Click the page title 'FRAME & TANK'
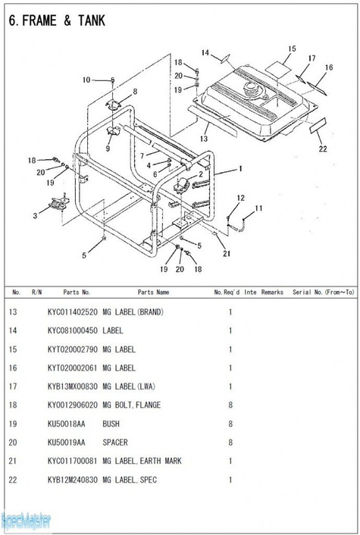tap(64, 20)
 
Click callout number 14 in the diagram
tap(205, 52)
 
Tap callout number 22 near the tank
tap(323, 149)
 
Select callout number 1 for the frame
tap(240, 168)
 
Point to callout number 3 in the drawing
tap(35, 216)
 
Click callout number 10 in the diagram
tap(86, 80)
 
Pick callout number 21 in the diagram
tap(227, 254)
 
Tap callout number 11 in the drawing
tap(258, 208)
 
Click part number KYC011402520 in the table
tap(72, 312)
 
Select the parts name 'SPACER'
tap(115, 443)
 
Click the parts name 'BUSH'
tap(111, 424)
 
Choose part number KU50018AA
tap(66, 424)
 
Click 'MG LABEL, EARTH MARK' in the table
tap(142, 461)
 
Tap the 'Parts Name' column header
tap(153, 292)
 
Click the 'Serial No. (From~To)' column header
tap(323, 292)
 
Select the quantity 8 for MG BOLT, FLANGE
tap(230, 405)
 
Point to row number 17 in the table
tap(13, 386)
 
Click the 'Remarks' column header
tap(272, 292)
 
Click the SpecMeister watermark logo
tap(26, 521)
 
